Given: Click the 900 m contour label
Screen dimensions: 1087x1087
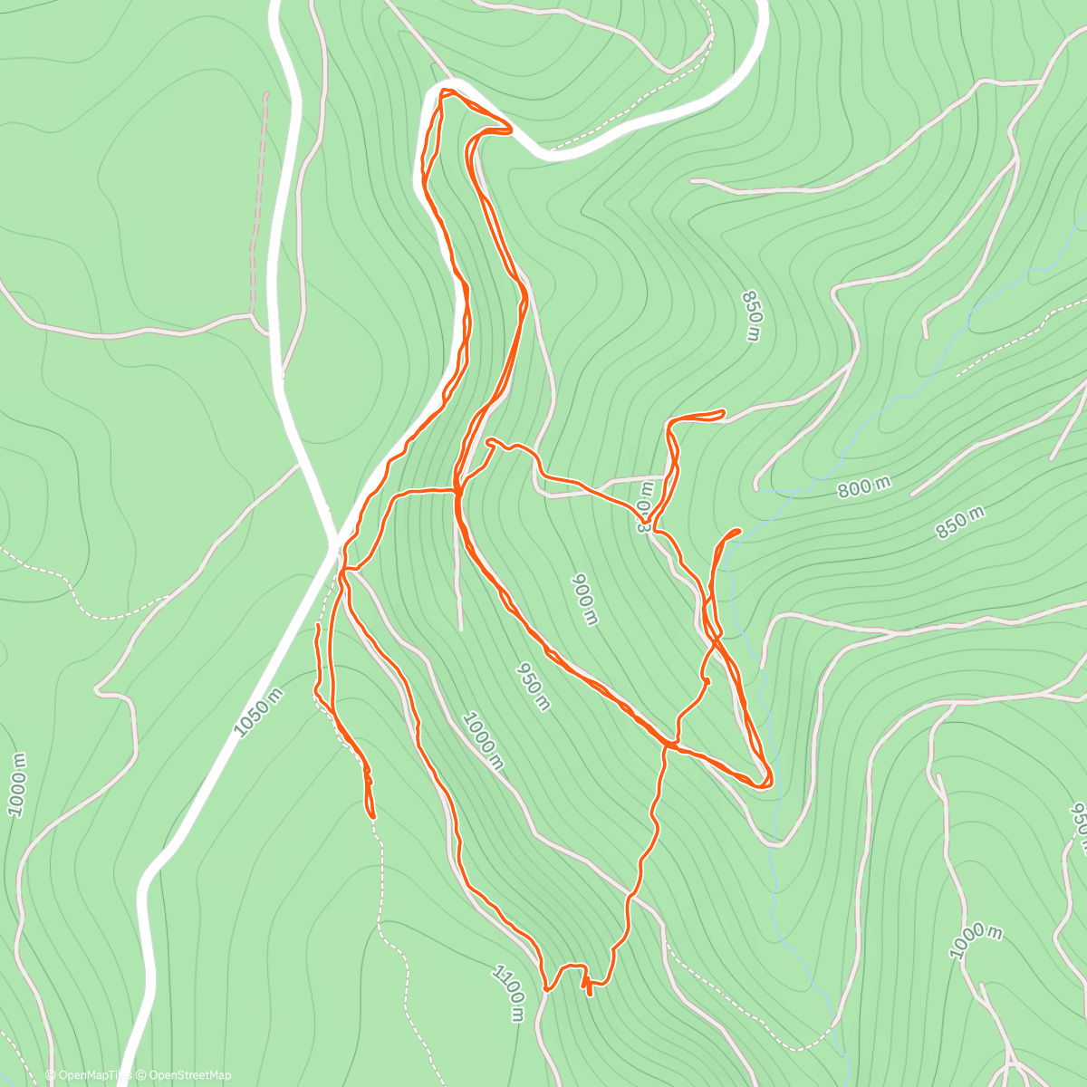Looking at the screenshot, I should pyautogui.click(x=585, y=599).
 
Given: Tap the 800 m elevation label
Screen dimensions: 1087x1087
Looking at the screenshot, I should pyautogui.click(x=863, y=487).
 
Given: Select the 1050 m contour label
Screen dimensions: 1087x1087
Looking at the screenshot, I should pyautogui.click(x=259, y=712).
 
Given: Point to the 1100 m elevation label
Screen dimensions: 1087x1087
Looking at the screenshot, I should pyautogui.click(x=509, y=993).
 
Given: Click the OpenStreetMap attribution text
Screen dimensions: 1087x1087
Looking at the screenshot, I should pyautogui.click(x=186, y=1075).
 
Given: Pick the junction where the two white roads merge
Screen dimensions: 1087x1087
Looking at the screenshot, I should pyautogui.click(x=332, y=542).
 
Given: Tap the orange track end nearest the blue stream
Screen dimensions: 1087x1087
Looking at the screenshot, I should pyautogui.click(x=737, y=530).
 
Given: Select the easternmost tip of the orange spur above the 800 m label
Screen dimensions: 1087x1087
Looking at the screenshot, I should pyautogui.click(x=723, y=413).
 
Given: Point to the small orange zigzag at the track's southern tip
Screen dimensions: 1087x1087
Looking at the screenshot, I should pyautogui.click(x=588, y=986).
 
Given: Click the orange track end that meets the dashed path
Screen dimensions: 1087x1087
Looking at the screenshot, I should pyautogui.click(x=372, y=814).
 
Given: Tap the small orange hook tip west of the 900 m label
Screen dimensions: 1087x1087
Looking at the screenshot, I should pyautogui.click(x=490, y=442).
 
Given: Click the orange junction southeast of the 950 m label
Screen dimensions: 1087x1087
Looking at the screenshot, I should pyautogui.click(x=667, y=745).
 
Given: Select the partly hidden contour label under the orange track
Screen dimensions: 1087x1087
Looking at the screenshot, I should pyautogui.click(x=644, y=513).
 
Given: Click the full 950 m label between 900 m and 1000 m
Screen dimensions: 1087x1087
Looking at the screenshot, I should pyautogui.click(x=533, y=686).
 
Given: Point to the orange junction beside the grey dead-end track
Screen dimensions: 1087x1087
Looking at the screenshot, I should pyautogui.click(x=456, y=492).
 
